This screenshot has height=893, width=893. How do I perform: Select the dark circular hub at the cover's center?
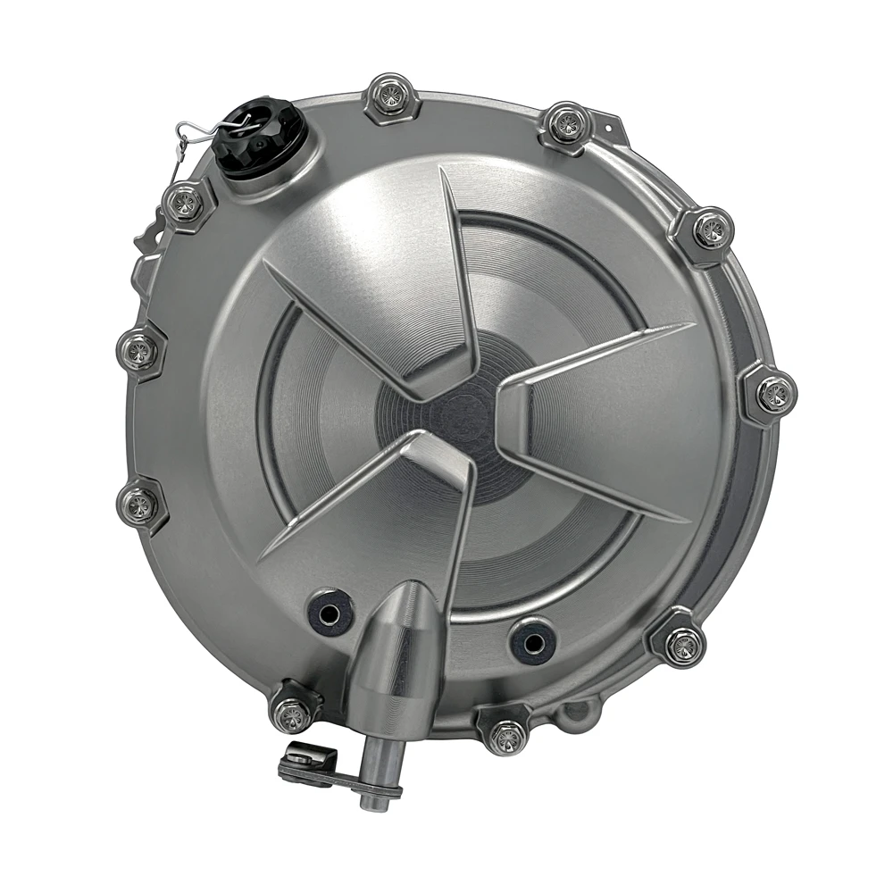click(x=446, y=420)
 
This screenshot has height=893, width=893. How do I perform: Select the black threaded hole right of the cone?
click(x=533, y=639)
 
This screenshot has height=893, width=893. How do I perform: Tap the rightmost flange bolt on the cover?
click(x=771, y=394)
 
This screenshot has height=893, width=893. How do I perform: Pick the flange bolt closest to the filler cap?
click(x=185, y=203)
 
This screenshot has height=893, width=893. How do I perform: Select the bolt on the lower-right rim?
click(x=682, y=643)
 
